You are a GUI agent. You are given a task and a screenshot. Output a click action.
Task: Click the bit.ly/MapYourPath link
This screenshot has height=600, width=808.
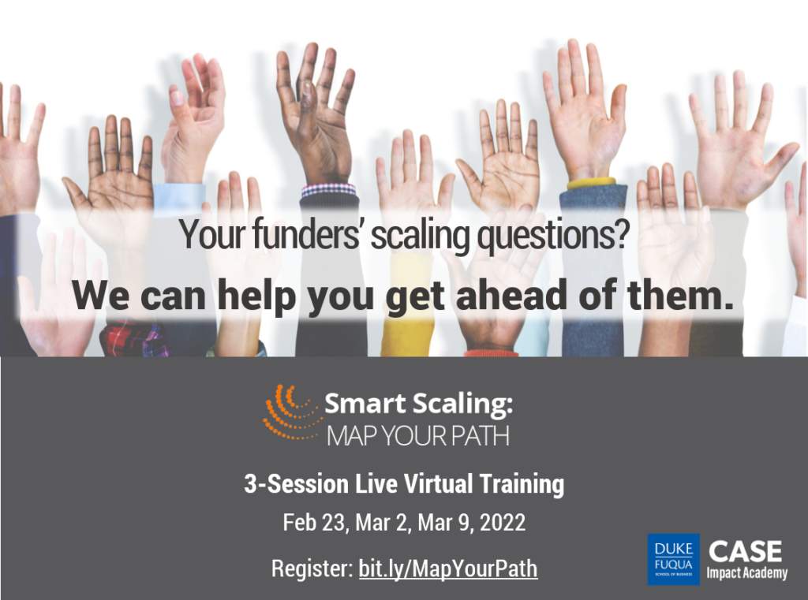point(448,568)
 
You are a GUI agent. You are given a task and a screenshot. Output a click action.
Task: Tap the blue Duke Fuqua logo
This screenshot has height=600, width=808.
point(674,559)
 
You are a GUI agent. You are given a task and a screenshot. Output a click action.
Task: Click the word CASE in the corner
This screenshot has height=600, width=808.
point(745,552)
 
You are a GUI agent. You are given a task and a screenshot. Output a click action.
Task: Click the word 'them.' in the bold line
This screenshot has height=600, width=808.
point(681,295)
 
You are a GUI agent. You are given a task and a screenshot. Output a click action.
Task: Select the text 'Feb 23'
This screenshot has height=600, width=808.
point(313,522)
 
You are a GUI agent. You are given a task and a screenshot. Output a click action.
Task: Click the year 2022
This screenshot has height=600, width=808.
point(503,522)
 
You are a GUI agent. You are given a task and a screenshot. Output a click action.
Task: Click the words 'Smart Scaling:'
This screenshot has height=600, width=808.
point(418,403)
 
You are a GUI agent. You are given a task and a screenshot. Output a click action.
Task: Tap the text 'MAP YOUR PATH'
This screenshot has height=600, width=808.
point(418,436)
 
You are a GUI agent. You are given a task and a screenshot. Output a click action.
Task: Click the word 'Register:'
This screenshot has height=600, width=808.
point(312,568)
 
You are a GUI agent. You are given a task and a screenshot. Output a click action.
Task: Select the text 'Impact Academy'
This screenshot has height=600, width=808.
point(746,572)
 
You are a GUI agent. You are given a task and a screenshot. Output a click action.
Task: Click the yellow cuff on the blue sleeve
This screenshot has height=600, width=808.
point(592,184)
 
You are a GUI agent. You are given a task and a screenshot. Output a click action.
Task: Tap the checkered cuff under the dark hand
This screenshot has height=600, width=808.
point(328,190)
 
